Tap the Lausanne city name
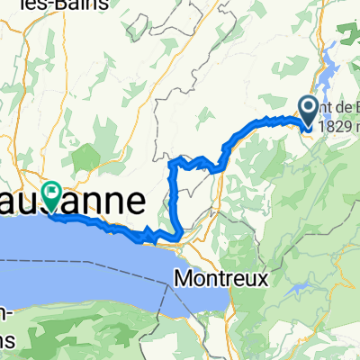pyautogui.click(x=90, y=200)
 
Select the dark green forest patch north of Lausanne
pyautogui.click(x=85, y=157)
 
